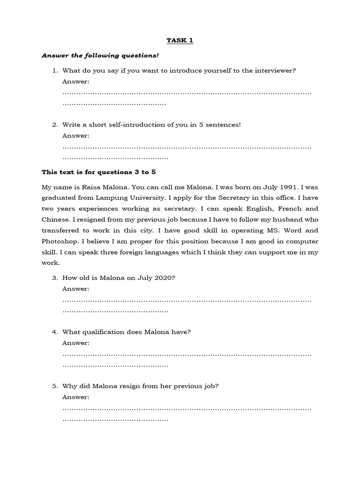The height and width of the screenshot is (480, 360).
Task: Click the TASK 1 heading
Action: point(180,40)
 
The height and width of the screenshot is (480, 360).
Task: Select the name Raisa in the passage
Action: point(89,187)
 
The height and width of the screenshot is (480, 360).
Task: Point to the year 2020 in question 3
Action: point(164,277)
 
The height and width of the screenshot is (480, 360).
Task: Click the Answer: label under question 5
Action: point(75,397)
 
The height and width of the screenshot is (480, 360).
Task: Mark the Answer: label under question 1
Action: point(75,82)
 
